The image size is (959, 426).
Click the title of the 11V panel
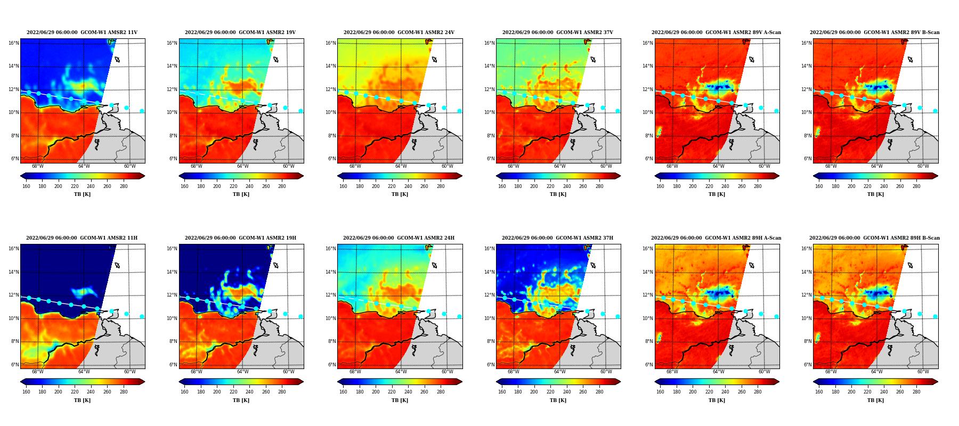pos(82,32)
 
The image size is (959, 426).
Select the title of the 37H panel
pos(557,238)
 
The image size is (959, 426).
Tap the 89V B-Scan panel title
pos(875,32)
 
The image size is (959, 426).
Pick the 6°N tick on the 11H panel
pos(14,365)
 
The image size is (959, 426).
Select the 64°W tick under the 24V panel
pos(401,166)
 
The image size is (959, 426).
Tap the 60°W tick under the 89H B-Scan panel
pos(923,372)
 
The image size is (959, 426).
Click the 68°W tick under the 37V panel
pos(514,166)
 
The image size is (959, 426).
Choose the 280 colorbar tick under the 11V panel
pos(124,186)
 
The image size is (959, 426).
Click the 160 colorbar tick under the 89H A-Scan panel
pos(660,392)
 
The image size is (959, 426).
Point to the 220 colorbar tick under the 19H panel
pos(233,392)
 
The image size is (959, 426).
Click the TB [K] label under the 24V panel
pos(400,194)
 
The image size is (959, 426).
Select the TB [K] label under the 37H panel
pos(558,400)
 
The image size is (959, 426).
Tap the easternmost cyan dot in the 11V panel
pos(142,111)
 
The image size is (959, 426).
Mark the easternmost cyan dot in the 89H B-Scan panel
pos(935,317)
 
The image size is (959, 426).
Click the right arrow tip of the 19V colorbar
pos(304,176)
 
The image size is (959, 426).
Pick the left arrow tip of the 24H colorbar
pos(337,382)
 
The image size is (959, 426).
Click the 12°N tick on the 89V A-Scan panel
pos(648,89)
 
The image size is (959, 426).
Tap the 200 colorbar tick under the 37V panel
pos(534,186)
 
